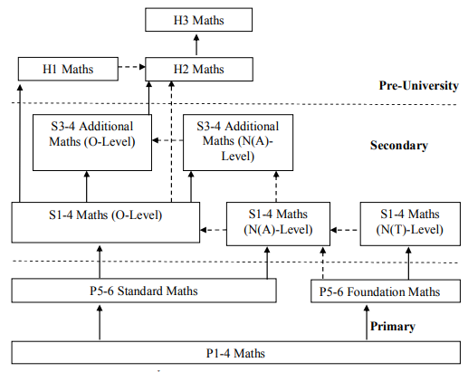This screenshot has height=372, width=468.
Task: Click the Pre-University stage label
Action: point(419,85)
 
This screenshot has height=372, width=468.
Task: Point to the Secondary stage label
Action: point(399,145)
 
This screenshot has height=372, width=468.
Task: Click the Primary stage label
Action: point(393,326)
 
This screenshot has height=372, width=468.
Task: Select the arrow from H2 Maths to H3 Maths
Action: point(196,44)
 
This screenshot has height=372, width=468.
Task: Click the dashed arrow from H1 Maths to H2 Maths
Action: point(132,67)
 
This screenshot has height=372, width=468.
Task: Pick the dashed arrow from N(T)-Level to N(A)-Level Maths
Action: point(345,230)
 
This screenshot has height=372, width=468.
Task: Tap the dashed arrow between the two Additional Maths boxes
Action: point(167,140)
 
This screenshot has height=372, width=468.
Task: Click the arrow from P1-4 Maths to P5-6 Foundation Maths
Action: point(367,322)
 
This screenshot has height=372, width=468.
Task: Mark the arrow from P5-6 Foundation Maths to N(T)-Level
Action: point(408,263)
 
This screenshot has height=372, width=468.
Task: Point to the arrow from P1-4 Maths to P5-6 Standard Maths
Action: point(100,322)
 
